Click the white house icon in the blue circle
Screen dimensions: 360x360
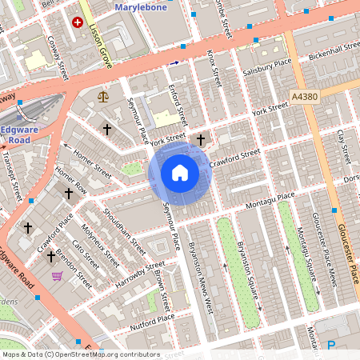coord(179,173)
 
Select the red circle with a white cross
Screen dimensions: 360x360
coord(78,22)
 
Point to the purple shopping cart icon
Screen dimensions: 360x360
coord(57,276)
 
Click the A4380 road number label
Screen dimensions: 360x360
coord(304,96)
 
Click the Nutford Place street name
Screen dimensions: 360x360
coord(148,321)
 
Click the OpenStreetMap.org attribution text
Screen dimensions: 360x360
coord(80,354)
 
